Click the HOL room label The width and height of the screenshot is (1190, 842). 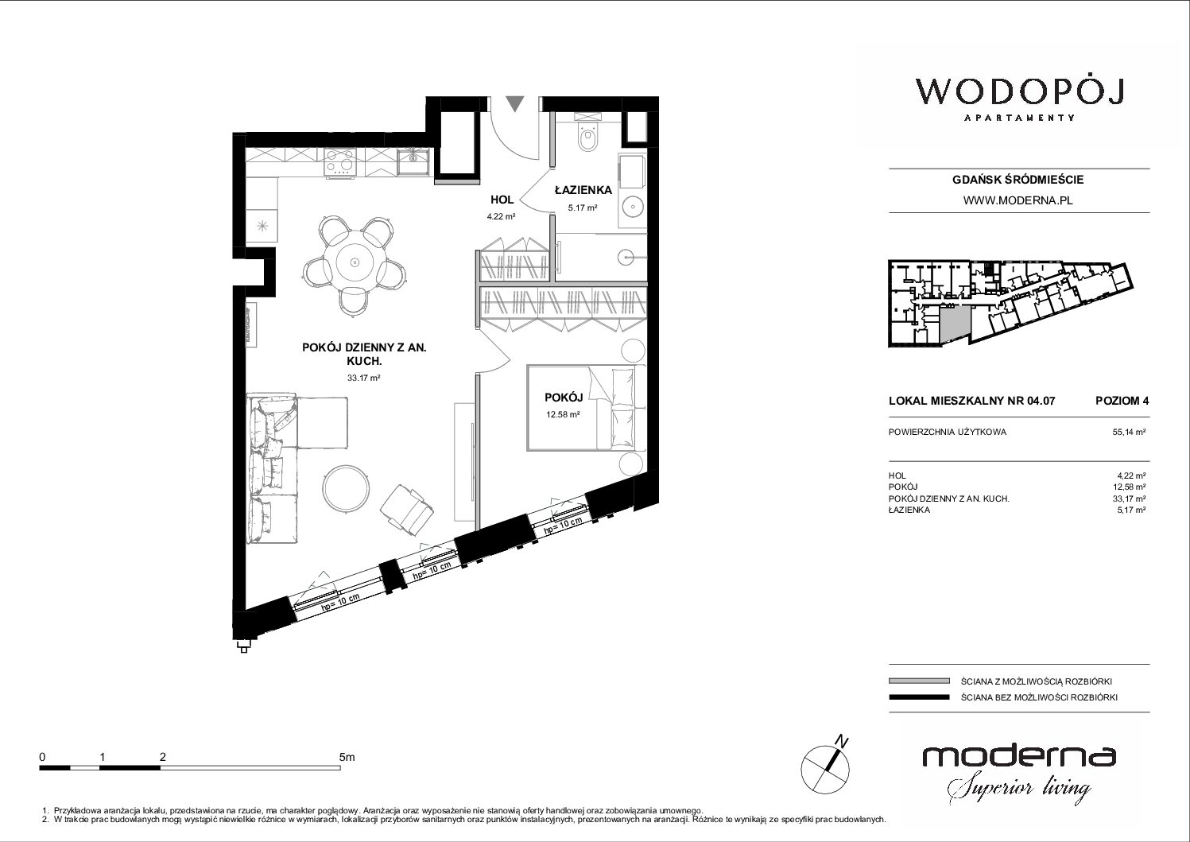click(x=502, y=200)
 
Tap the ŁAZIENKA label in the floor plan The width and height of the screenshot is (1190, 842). click(x=583, y=190)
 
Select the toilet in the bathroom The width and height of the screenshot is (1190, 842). click(x=588, y=137)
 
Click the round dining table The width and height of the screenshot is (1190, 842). click(x=354, y=262)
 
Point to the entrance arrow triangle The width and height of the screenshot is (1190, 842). click(x=515, y=103)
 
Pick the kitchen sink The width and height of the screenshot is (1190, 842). click(x=413, y=161)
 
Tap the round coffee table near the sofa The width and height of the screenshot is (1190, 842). click(x=346, y=488)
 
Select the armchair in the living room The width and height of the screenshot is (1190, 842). click(x=406, y=509)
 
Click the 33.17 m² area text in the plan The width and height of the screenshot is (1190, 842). click(x=364, y=378)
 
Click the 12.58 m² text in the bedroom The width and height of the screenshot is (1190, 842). click(x=563, y=414)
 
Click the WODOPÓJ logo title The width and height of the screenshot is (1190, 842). click(x=1019, y=92)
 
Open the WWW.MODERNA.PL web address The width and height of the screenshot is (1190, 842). click(x=1018, y=200)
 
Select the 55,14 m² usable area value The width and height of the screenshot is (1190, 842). click(x=1129, y=432)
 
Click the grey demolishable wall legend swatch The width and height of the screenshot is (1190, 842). click(x=919, y=681)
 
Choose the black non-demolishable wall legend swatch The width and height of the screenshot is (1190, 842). click(x=919, y=697)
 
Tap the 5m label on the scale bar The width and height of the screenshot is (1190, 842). click(x=347, y=757)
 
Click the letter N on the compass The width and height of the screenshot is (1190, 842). click(x=841, y=740)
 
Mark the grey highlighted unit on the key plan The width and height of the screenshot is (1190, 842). click(x=954, y=324)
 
